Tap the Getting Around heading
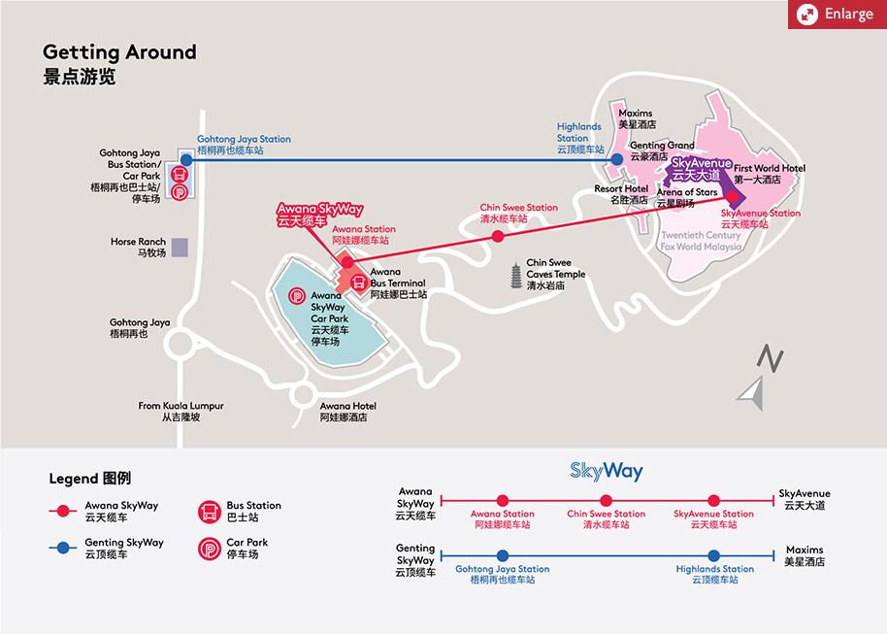point(119,52)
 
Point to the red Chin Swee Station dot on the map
point(498,235)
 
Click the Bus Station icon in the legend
point(209,511)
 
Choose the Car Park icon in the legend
point(209,548)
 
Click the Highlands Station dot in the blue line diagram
point(715,555)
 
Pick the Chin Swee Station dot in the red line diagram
point(607,500)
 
